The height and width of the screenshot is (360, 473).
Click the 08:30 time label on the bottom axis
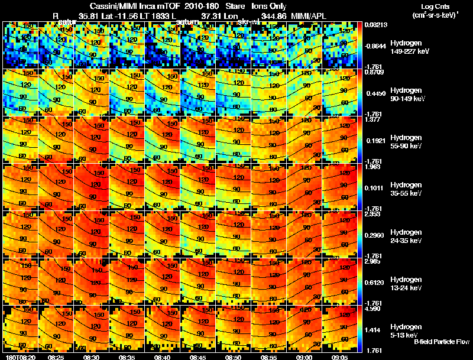point(92,357)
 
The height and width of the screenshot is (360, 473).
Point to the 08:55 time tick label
point(269,357)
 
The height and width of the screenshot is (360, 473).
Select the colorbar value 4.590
point(373,309)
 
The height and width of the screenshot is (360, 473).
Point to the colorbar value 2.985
point(373,261)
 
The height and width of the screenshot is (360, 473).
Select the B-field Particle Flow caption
point(441,341)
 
